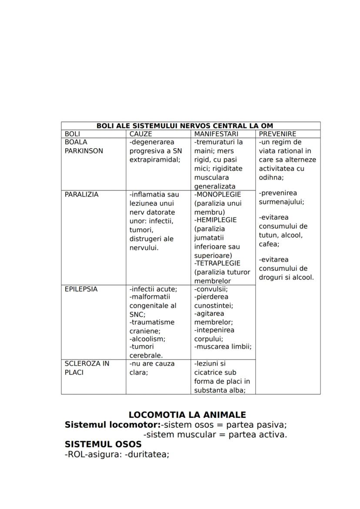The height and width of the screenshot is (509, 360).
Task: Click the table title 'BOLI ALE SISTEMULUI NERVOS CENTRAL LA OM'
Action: pos(184,126)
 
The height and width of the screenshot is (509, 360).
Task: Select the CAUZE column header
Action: pos(141,134)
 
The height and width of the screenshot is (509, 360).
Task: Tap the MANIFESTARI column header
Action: pos(216,134)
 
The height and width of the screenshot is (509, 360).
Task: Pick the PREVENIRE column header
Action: pos(277,134)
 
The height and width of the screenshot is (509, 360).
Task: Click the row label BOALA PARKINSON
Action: pos(84,146)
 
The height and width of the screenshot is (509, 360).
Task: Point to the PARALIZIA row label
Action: pos(81,194)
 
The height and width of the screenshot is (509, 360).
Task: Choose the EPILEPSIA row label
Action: pos(81,289)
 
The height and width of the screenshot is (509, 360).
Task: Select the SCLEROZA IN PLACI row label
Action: pos(87,368)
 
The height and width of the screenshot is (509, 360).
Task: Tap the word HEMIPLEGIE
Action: pos(217,220)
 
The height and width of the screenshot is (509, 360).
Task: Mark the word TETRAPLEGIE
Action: pos(218,263)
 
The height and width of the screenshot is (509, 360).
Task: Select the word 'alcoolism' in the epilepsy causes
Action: pos(148,339)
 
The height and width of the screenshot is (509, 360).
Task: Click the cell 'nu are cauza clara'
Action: pos(152,368)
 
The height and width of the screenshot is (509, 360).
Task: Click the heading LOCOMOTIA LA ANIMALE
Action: pos(187,415)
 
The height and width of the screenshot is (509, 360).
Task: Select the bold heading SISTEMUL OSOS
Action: pos(103,444)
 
